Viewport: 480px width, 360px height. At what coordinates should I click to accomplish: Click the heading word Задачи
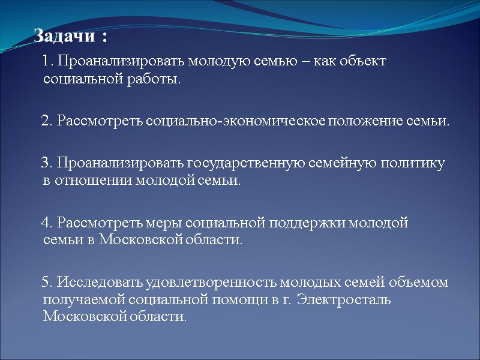[x=64, y=37]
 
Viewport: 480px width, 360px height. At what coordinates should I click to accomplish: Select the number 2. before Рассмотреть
[x=47, y=121]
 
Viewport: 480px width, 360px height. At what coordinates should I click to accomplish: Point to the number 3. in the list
[x=47, y=163]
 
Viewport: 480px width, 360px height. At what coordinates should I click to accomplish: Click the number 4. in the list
[x=47, y=223]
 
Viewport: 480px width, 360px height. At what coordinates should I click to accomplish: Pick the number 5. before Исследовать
[x=47, y=283]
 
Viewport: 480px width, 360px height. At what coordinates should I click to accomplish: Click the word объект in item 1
[x=364, y=61]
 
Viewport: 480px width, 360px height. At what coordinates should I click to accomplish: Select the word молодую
[x=217, y=61]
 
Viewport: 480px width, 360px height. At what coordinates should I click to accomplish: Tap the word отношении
[x=87, y=181]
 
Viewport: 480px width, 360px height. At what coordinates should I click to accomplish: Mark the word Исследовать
[x=98, y=283]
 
